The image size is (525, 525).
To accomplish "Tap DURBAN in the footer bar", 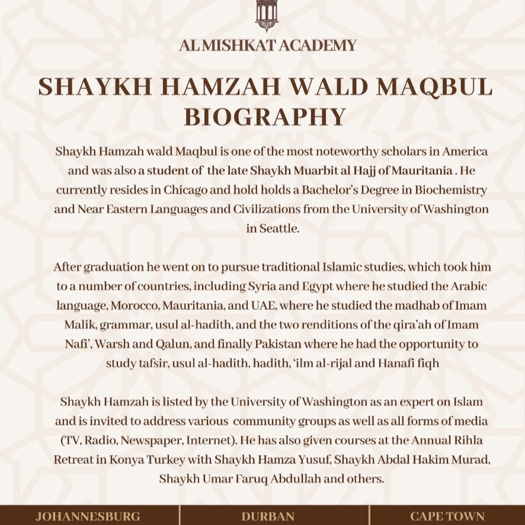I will click(x=268, y=516).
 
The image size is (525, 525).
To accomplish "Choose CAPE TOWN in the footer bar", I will click(x=447, y=516).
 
